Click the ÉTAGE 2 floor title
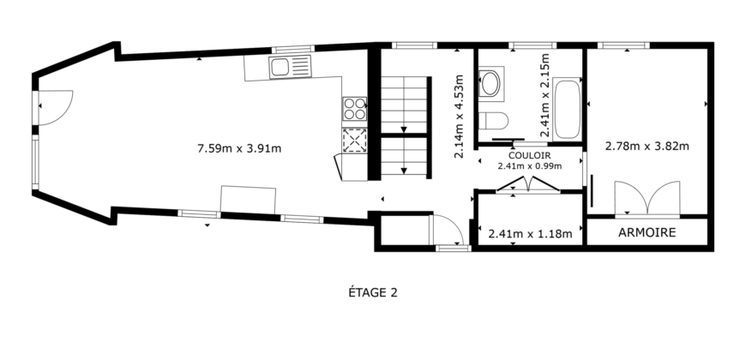(x=372, y=292)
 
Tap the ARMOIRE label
(x=647, y=232)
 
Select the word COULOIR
(x=529, y=156)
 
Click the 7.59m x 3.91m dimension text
(x=239, y=147)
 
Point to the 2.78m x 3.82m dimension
(x=647, y=146)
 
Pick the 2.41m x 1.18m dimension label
(x=529, y=232)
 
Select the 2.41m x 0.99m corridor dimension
(x=529, y=166)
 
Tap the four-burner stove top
(x=354, y=109)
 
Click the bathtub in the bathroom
(x=567, y=109)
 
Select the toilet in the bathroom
(x=495, y=120)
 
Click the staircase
(x=404, y=124)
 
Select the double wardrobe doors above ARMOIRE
(x=647, y=199)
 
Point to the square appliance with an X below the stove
(x=354, y=139)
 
